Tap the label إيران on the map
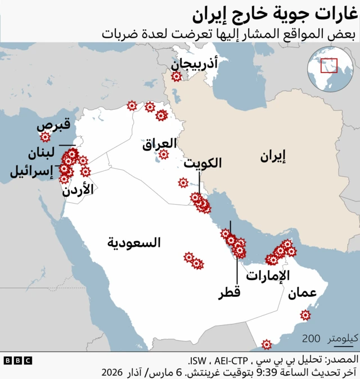273,156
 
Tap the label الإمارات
268,276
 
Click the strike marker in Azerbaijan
177,76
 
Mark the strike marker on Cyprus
45,137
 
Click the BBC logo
17,360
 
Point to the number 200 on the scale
311,339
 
